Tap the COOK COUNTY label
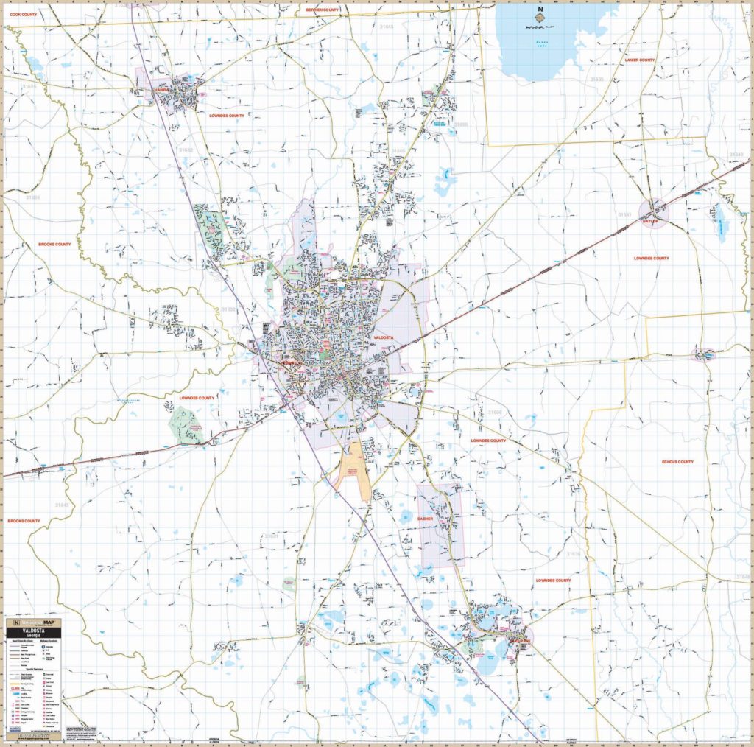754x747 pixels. (23, 14)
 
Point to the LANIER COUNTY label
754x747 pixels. (639, 60)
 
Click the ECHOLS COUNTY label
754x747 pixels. (677, 462)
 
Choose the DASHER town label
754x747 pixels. (426, 519)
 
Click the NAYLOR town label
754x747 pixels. (650, 220)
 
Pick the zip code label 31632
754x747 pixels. (185, 150)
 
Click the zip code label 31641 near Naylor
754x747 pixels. (624, 214)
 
